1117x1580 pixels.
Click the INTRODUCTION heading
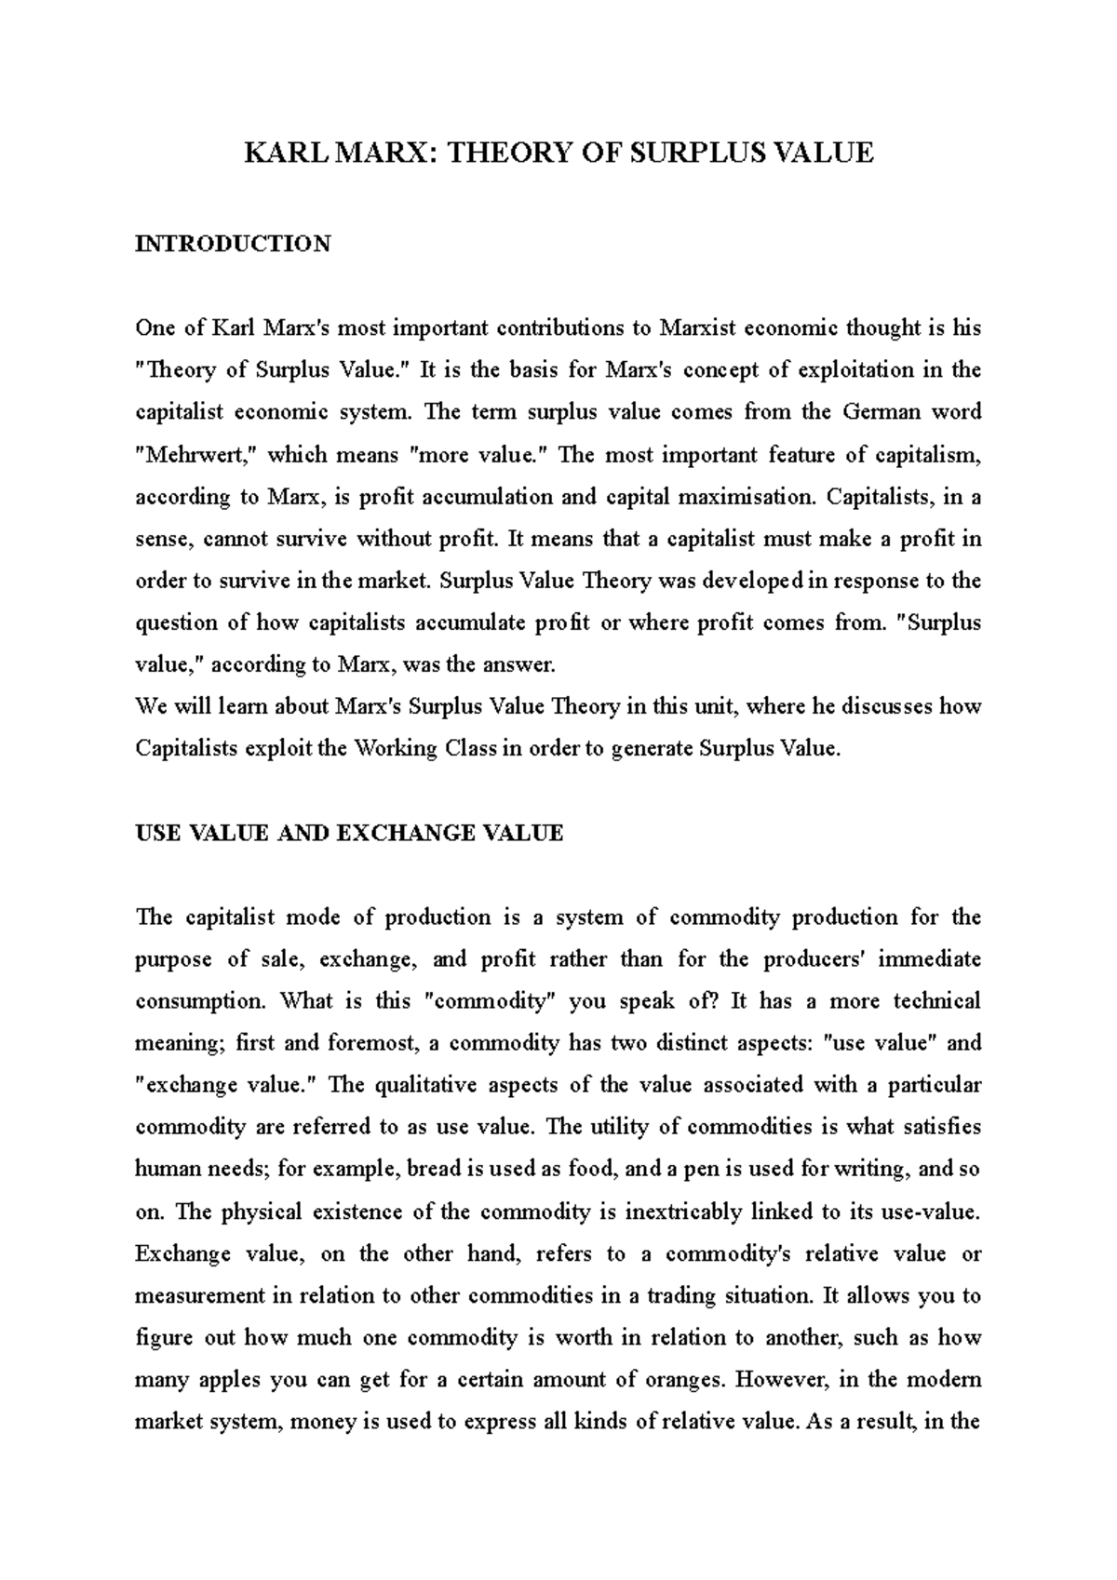coord(233,244)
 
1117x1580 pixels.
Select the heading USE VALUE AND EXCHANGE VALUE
coord(349,833)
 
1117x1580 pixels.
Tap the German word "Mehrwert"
coord(198,455)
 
